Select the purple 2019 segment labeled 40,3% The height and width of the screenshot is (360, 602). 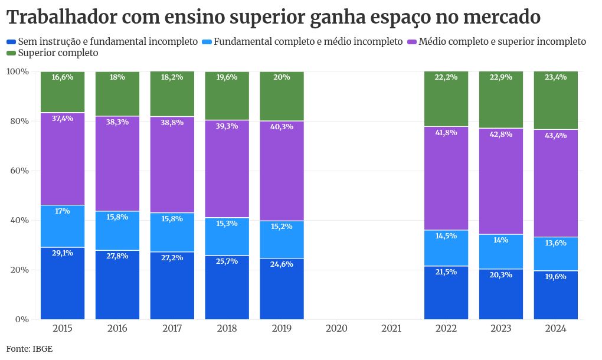[282, 171]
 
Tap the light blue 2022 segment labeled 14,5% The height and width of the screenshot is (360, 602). [446, 248]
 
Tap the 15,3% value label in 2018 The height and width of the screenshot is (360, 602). [227, 224]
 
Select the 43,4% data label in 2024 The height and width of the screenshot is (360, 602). [556, 136]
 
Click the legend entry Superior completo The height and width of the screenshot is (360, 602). [58, 53]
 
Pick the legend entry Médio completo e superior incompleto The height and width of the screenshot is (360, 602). [502, 42]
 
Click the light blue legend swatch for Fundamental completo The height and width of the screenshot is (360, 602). [207, 42]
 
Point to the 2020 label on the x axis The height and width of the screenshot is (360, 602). [336, 328]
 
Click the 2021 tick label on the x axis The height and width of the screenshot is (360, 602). [391, 328]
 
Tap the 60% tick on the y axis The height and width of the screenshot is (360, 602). [20, 171]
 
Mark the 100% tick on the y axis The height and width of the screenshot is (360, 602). [18, 71]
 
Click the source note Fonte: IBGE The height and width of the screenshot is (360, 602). [30, 349]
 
